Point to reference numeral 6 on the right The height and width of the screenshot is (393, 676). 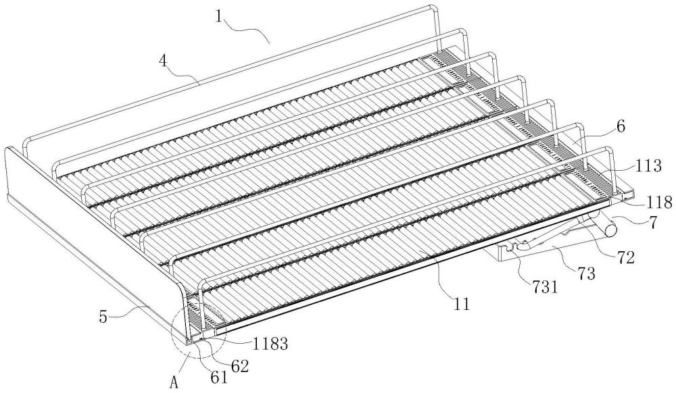click(621, 127)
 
